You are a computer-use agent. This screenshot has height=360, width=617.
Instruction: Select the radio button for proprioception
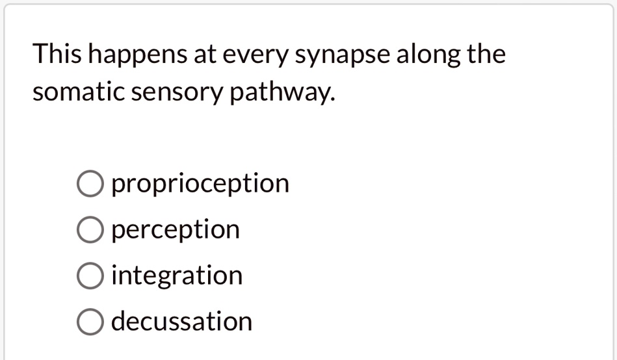coord(90,183)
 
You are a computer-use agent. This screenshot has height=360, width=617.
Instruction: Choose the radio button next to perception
coord(90,229)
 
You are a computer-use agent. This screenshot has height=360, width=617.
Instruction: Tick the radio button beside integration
coord(90,276)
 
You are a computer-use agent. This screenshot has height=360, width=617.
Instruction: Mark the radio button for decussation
coord(90,322)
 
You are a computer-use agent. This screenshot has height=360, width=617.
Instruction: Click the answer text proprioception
coord(200,183)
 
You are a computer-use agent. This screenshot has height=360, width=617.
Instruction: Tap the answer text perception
coord(176,230)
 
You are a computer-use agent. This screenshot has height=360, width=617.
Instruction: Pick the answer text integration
coord(177,275)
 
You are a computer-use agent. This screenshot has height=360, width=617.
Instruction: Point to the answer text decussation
coord(182,321)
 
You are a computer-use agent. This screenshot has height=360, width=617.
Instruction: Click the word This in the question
coord(57,53)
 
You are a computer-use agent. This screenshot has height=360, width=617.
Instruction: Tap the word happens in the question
coord(138,55)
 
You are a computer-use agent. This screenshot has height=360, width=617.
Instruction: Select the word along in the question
coord(428,55)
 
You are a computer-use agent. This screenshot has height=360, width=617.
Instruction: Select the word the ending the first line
coord(486,53)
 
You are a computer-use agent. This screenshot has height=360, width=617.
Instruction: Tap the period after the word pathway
coord(333,99)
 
